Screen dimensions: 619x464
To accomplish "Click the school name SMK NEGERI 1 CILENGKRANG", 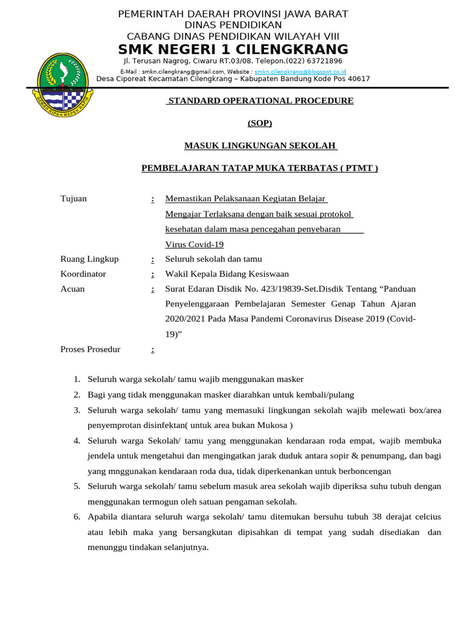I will click(x=233, y=49).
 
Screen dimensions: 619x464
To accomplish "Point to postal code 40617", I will click(x=358, y=79).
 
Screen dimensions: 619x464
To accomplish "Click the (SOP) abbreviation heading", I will click(x=260, y=123).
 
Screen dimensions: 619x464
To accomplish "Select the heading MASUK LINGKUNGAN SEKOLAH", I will click(x=260, y=146).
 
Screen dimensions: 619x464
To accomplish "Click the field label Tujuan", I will click(x=74, y=199).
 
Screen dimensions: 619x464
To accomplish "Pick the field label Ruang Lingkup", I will click(x=89, y=259).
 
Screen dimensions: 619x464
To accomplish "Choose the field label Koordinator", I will click(x=83, y=274).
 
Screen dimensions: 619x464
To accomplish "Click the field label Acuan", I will click(x=72, y=289).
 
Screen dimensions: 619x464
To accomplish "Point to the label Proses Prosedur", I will click(x=91, y=349).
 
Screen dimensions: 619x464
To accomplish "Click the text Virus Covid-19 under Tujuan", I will click(x=195, y=244).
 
